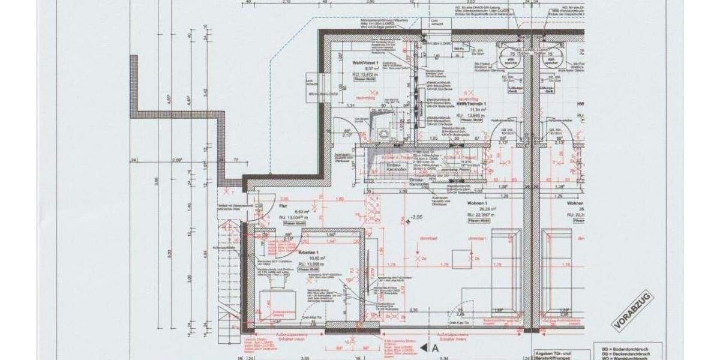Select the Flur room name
coord(284,206)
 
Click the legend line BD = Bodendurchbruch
coord(626,348)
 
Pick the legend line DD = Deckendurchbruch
coord(626,353)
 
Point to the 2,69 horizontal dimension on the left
coord(177,160)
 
